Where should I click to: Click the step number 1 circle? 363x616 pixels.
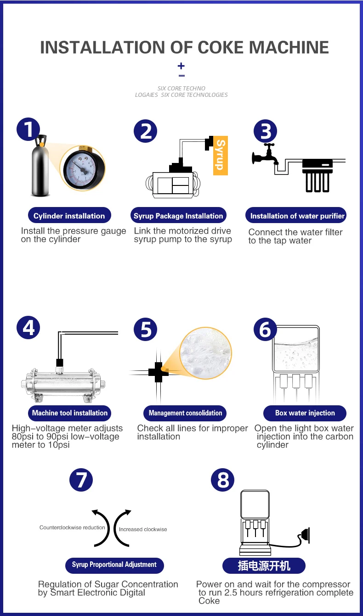pos(28,129)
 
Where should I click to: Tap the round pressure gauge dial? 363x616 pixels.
pos(83,168)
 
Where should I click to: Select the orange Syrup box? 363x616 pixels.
pos(221,155)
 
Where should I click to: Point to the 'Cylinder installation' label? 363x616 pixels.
pos(69,216)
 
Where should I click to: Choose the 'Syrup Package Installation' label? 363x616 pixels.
pos(178,216)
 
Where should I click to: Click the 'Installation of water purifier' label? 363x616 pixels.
pos(296,216)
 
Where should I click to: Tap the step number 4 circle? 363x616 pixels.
pos(28,328)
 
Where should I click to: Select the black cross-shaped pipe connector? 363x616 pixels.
pos(159,372)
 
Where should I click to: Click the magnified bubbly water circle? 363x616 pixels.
pos(205,353)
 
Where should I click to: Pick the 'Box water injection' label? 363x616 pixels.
pos(305,413)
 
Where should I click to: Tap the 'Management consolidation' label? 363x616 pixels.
pos(185,413)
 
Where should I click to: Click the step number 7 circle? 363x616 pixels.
pos(81,480)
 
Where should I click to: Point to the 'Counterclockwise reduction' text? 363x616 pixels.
pos(72,527)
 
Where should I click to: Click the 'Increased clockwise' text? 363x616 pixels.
pos(143,529)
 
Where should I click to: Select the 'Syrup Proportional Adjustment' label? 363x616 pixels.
pos(114,565)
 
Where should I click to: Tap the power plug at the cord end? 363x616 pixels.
pos(305,535)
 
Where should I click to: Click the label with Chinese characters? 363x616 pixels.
pos(264,566)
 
